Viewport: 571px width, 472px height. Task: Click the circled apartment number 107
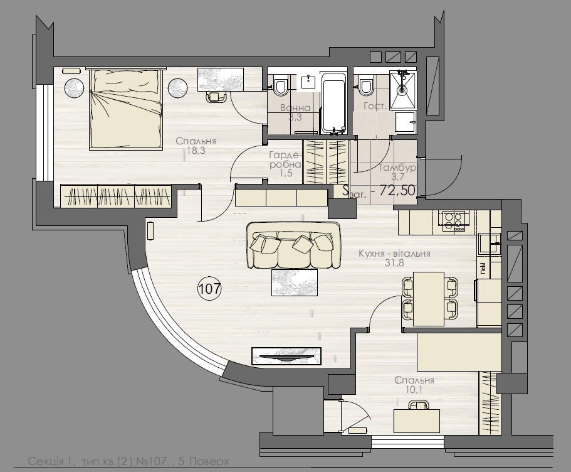210,289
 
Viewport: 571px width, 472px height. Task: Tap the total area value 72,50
394,191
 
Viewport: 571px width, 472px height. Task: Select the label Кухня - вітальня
394,254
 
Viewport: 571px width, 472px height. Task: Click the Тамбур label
397,168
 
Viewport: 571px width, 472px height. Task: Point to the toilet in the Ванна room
280,85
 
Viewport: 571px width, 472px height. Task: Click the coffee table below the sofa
295,282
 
